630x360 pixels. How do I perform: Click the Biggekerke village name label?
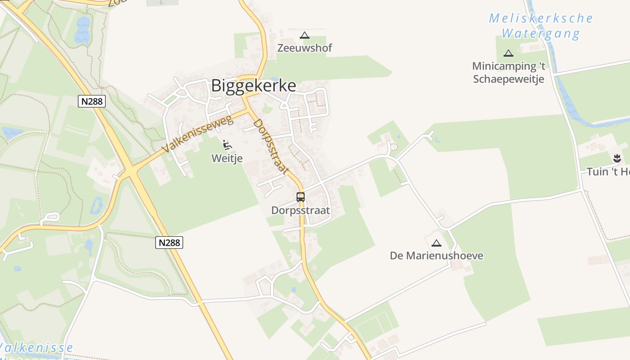click(x=253, y=85)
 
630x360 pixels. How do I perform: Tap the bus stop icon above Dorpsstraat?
click(x=301, y=197)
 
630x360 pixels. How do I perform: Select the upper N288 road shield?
click(x=92, y=101)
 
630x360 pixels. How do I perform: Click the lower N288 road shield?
click(x=170, y=243)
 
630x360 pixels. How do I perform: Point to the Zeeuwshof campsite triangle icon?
click(x=305, y=35)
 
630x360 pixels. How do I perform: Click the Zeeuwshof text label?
click(x=305, y=48)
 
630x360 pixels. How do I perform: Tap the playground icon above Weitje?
click(x=227, y=145)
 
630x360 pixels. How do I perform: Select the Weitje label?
click(x=227, y=158)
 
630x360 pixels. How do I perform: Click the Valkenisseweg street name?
click(x=198, y=134)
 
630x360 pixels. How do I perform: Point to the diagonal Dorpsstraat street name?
click(x=270, y=146)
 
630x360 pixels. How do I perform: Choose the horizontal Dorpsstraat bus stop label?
click(x=301, y=210)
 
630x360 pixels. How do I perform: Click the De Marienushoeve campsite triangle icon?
click(x=436, y=243)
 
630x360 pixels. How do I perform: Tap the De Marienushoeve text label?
click(x=436, y=256)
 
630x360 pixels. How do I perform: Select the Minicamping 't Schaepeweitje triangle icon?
click(x=508, y=53)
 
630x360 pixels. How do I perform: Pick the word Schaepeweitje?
click(x=508, y=79)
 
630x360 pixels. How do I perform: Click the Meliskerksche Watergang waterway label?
click(x=540, y=26)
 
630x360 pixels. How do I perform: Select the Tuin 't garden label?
click(x=607, y=172)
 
